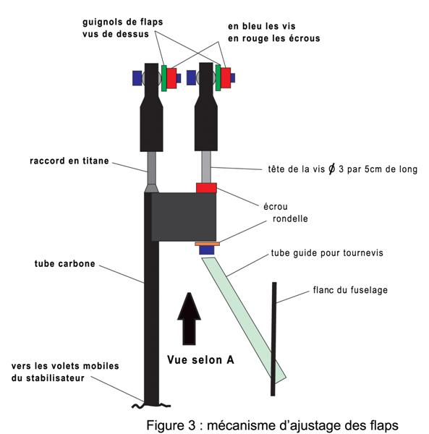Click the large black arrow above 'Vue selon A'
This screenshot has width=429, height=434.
click(x=189, y=318)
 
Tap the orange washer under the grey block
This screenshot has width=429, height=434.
click(x=208, y=244)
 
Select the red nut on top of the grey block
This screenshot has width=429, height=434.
click(x=206, y=188)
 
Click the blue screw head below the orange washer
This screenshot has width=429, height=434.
click(x=207, y=250)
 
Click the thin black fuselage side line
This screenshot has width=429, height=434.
click(x=273, y=339)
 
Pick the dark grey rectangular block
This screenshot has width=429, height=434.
click(x=184, y=217)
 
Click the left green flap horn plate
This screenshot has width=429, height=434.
click(x=164, y=78)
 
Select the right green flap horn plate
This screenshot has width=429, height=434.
click(x=218, y=77)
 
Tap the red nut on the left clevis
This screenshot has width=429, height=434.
click(x=171, y=78)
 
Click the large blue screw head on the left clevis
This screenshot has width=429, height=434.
click(x=137, y=78)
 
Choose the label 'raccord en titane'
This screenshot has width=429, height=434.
click(x=69, y=161)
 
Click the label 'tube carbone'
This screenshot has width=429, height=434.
click(x=65, y=263)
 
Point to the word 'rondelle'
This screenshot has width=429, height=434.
click(x=290, y=218)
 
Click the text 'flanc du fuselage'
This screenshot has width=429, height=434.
click(x=350, y=290)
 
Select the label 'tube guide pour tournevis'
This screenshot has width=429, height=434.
click(x=327, y=252)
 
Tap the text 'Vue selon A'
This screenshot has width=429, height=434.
click(x=200, y=359)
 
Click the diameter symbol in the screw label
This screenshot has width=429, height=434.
click(x=331, y=169)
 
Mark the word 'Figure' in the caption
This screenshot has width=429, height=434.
click(x=163, y=425)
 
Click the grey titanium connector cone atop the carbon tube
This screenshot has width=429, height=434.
click(x=151, y=189)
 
